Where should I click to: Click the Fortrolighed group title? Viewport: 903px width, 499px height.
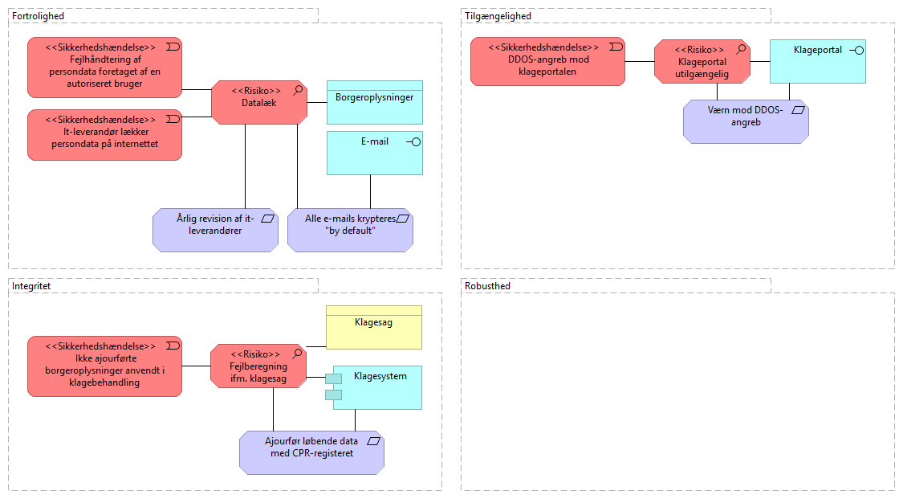click(x=39, y=16)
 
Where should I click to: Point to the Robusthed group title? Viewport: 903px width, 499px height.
click(x=487, y=285)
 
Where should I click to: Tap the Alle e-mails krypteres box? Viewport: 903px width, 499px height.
click(x=350, y=230)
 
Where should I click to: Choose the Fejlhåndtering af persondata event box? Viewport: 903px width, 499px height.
click(x=104, y=66)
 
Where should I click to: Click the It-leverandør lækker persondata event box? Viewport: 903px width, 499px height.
click(x=104, y=134)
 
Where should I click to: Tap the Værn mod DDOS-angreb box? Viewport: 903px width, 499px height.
click(x=746, y=121)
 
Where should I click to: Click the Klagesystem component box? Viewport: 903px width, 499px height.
click(x=377, y=387)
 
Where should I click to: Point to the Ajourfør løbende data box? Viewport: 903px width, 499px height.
click(x=311, y=452)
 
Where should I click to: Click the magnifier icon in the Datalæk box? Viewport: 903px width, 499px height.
click(x=298, y=90)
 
